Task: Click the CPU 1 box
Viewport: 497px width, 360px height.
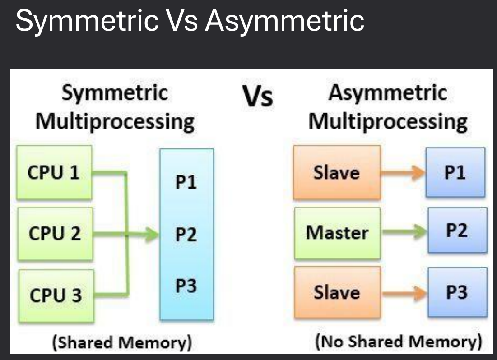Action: tap(55, 173)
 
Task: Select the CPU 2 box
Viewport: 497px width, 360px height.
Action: tap(55, 234)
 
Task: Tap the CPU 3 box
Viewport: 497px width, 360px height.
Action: tap(56, 295)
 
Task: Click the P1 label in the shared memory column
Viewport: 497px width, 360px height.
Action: tap(186, 183)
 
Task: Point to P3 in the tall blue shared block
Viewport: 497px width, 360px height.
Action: tap(186, 286)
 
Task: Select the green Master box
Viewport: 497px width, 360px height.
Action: tap(337, 233)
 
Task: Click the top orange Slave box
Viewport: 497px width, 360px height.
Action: tap(337, 173)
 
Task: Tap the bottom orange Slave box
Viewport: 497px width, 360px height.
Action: tap(337, 292)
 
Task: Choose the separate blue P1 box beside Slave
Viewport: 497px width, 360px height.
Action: tap(456, 173)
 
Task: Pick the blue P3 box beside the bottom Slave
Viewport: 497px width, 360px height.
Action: tap(457, 292)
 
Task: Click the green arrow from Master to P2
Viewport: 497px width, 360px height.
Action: tap(404, 233)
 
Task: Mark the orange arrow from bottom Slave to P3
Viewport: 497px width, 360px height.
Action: tap(404, 293)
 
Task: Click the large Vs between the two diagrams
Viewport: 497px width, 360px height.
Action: tap(258, 97)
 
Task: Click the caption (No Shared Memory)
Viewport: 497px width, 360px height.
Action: tap(398, 342)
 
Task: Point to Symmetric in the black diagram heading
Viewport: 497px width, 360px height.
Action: tap(115, 93)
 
